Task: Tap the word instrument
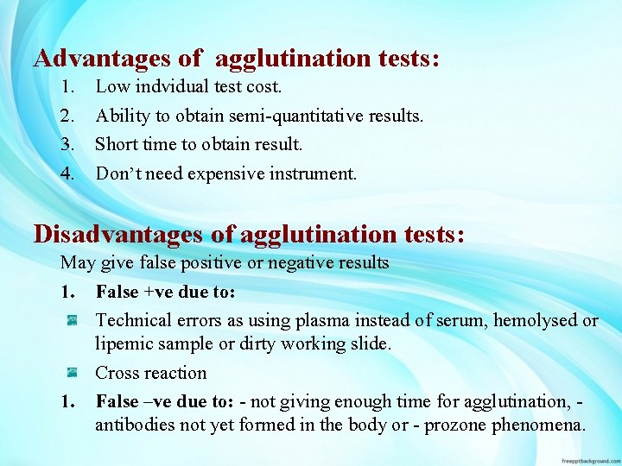pyautogui.click(x=313, y=173)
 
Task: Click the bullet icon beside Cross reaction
pyautogui.click(x=74, y=373)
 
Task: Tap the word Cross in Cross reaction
pyautogui.click(x=118, y=373)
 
